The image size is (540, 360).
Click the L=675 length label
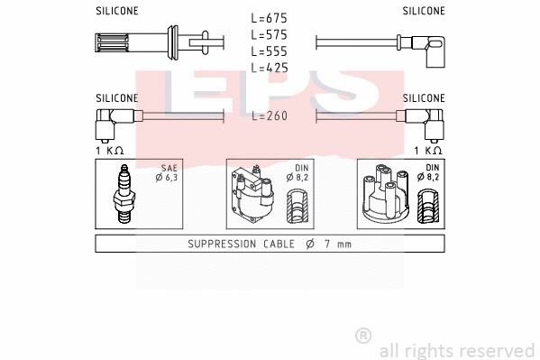click(x=270, y=18)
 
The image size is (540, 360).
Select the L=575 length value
click(x=270, y=34)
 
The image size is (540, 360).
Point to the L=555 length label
click(x=270, y=51)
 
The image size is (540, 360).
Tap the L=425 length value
click(x=270, y=67)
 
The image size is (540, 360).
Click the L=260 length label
click(x=270, y=116)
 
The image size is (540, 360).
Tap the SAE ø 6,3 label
click(x=167, y=173)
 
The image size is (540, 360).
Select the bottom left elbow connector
click(x=113, y=120)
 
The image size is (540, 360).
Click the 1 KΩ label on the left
click(x=110, y=150)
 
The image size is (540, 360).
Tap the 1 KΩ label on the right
click(x=429, y=150)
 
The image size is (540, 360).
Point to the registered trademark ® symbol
click(x=363, y=335)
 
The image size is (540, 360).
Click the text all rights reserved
click(x=456, y=350)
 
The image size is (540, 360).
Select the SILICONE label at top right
click(x=423, y=11)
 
